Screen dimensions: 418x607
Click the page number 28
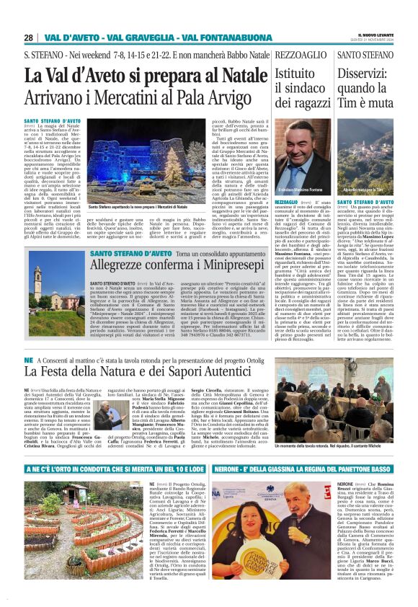28,37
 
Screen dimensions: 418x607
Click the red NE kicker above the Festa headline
28,359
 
